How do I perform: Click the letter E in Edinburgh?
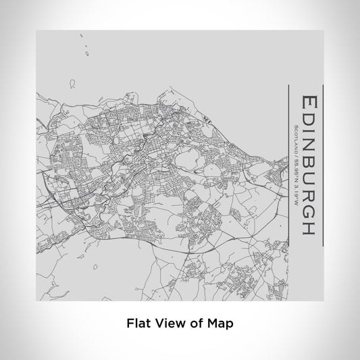coord(308,101)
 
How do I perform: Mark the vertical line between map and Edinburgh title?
coord(288,166)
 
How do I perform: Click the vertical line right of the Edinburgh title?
coord(323,166)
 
